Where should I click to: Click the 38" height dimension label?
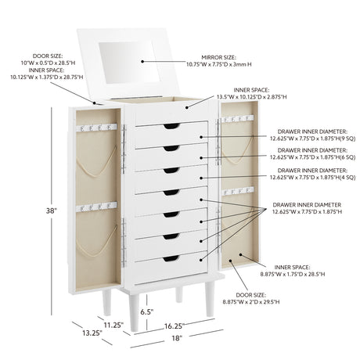pos(52,211)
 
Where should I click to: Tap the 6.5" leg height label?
pos(146,311)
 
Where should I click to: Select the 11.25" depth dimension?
pos(113,325)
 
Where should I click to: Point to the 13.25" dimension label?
pos(92,333)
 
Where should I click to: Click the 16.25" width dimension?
pos(174,326)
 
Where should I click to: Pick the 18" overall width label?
pos(176,338)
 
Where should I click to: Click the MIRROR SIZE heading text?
pos(218,57)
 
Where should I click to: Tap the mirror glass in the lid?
pos(126,63)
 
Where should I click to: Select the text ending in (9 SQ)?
pos(312,135)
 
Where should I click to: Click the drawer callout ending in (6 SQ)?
pos(312,153)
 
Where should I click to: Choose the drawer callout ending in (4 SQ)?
pos(312,174)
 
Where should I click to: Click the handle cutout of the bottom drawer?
pos(171,258)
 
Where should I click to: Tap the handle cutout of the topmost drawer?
pos(171,126)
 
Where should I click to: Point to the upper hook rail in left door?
pos(96,128)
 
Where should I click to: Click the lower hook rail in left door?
pos(96,207)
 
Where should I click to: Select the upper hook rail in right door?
pos(238,119)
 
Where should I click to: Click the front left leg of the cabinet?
pos(134,312)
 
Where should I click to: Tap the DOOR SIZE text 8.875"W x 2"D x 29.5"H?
pos(251,302)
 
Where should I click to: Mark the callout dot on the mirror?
pos(142,62)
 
